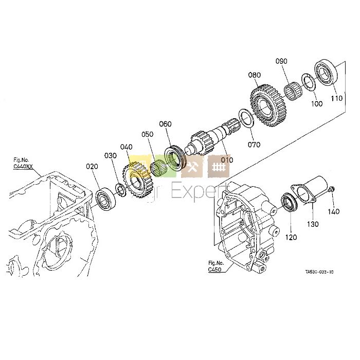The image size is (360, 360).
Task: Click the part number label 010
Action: [227, 160]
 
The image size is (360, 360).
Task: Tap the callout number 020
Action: [92, 166]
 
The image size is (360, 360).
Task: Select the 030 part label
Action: [111, 155]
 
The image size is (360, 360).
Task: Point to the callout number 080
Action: [255, 75]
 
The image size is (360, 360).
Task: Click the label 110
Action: [336, 98]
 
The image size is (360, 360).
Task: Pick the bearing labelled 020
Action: [106, 197]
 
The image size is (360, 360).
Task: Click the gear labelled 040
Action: [136, 180]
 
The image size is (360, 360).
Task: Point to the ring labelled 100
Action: [309, 83]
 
